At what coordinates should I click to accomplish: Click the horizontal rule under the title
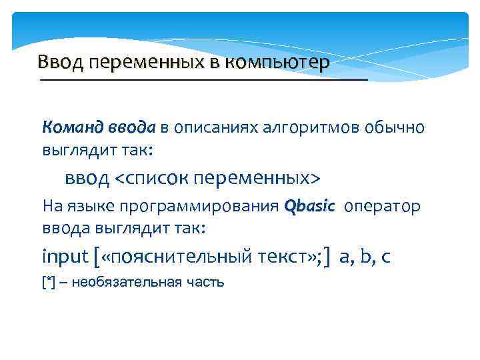pos(203,79)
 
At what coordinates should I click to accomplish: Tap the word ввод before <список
pos(87,178)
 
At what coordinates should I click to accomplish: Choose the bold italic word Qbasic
pos(309,206)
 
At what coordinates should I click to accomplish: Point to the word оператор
pos(383,207)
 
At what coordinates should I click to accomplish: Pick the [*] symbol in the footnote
pos(48,282)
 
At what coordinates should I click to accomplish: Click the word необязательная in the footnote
pos(126,282)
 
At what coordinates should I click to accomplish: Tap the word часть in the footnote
pos(205,282)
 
